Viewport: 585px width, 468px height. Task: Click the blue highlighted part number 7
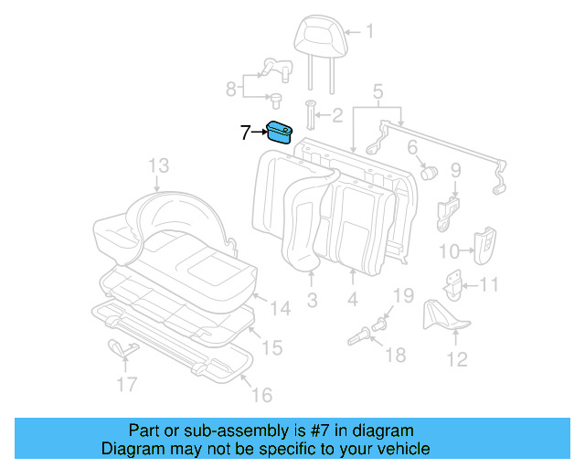coord(279,133)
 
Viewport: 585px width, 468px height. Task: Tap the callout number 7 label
coord(245,133)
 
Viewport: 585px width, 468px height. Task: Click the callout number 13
coord(159,165)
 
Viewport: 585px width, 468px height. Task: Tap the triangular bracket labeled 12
coord(442,316)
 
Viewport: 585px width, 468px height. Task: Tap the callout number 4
coord(352,300)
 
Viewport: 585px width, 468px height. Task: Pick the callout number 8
coord(231,89)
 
